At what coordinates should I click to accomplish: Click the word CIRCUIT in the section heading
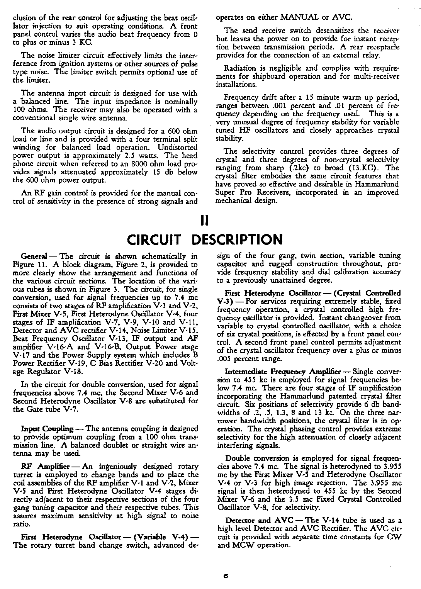(154, 239)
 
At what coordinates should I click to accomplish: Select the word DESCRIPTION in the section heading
(238, 239)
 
